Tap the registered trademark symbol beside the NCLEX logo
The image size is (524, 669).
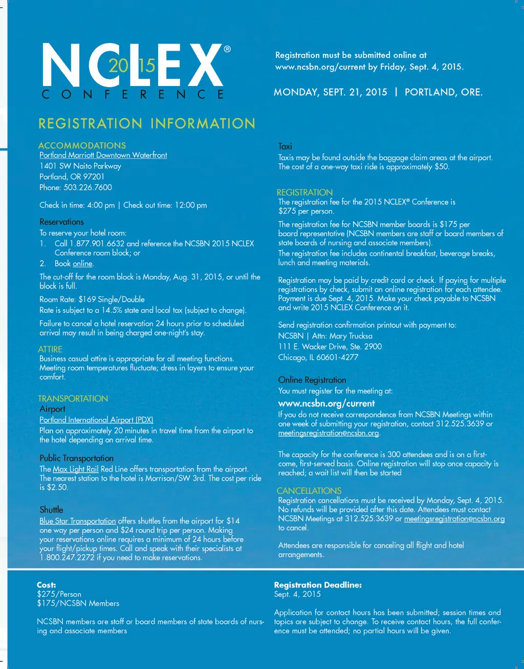coord(227,49)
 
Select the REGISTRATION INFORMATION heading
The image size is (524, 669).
coord(147,123)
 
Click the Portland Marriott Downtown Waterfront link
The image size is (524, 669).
coord(103,155)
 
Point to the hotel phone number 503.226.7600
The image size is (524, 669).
coord(88,187)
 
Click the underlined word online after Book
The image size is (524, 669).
coord(82,264)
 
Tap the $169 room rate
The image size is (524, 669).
coord(87,299)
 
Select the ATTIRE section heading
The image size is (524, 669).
coord(50,349)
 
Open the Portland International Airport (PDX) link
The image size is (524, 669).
coord(96,420)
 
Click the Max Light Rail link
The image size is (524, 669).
coord(76,469)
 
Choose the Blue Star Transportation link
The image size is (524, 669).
coord(78,521)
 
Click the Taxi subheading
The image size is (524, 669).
coord(285,147)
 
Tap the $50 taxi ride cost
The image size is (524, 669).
coord(441,167)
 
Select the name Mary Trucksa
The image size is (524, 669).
coord(351,336)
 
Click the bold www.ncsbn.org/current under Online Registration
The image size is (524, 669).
coord(326,404)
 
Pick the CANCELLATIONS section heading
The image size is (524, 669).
coord(309,491)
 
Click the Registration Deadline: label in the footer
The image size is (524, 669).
coord(318,585)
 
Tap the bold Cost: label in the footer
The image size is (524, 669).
coord(47,585)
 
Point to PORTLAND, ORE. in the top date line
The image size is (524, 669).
coord(444,92)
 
